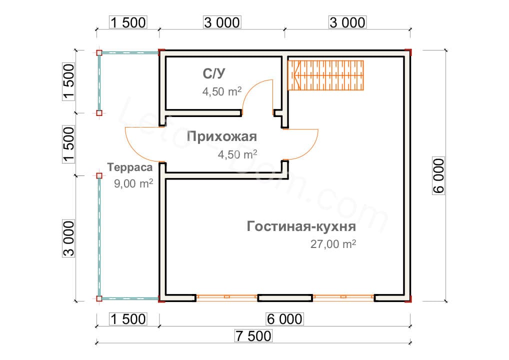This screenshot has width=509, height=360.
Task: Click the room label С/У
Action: pyautogui.click(x=214, y=74)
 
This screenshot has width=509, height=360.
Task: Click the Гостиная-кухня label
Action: pyautogui.click(x=301, y=227)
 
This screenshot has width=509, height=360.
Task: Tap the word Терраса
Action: pyautogui.click(x=129, y=168)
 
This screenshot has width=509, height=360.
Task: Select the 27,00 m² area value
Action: pyautogui.click(x=333, y=244)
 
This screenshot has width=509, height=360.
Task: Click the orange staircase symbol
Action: pyautogui.click(x=326, y=75)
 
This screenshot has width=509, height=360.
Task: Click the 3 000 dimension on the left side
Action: pyautogui.click(x=69, y=238)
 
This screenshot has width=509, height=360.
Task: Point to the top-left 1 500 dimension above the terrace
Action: pyautogui.click(x=127, y=22)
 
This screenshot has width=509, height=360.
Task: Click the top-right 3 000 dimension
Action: pyautogui.click(x=347, y=22)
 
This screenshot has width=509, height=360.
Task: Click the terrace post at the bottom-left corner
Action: pyautogui.click(x=99, y=299)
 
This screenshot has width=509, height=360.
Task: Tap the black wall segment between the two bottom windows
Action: pyautogui.click(x=285, y=298)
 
